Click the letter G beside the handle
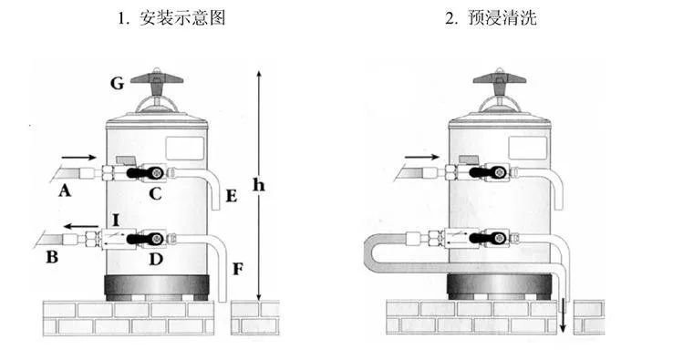pyautogui.click(x=117, y=84)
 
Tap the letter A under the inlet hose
pyautogui.click(x=64, y=190)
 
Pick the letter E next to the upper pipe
pyautogui.click(x=230, y=197)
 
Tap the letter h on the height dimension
pyautogui.click(x=259, y=186)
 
